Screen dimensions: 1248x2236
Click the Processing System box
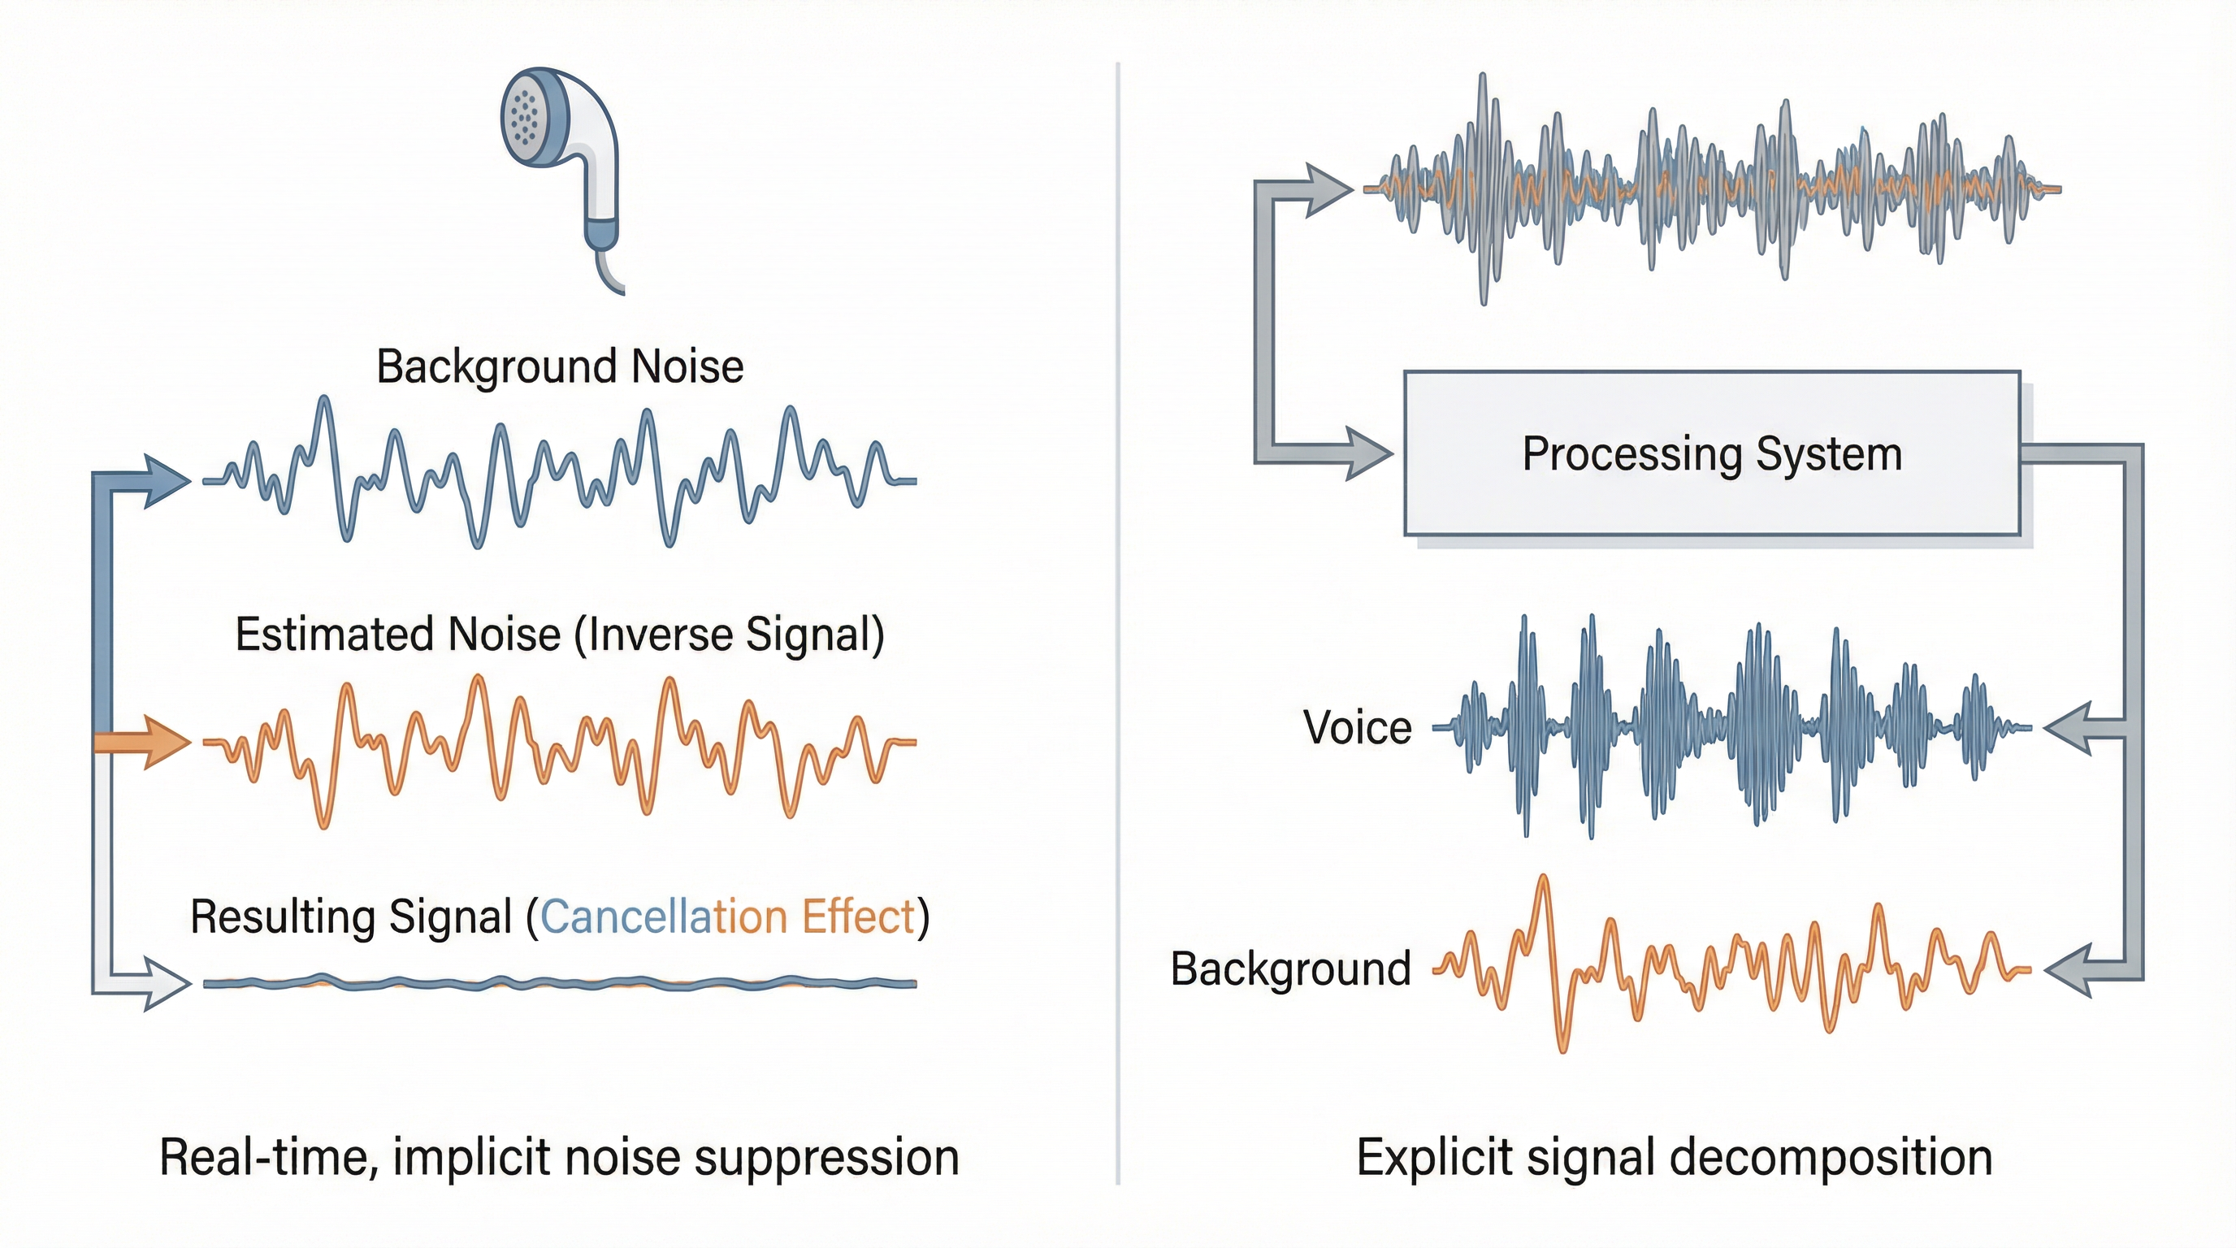[x=1712, y=453]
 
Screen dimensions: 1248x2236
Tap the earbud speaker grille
[x=524, y=118]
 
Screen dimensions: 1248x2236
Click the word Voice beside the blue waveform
[x=1357, y=727]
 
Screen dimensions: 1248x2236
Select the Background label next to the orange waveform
[x=1290, y=968]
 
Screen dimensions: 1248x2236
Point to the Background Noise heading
[x=560, y=366]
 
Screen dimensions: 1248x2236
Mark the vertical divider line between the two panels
[x=1118, y=608]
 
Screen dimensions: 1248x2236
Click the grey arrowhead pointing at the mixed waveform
[x=1328, y=189]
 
